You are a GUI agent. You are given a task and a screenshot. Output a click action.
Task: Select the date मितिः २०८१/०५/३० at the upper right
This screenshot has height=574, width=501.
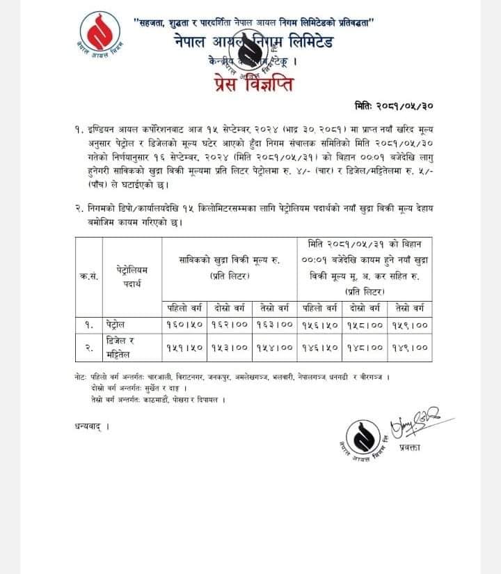pyautogui.click(x=395, y=106)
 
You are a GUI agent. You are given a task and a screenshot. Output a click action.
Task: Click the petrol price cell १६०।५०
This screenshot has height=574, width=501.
pyautogui.click(x=184, y=325)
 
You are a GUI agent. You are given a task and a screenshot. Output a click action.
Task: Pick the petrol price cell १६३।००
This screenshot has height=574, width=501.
pyautogui.click(x=276, y=325)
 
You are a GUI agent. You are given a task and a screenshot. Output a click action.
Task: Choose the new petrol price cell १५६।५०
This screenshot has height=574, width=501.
pyautogui.click(x=320, y=325)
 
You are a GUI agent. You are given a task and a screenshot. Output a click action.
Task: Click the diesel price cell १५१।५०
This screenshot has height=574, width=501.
pyautogui.click(x=184, y=347)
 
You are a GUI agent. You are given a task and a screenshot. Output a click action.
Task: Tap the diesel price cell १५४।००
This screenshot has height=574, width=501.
pyautogui.click(x=276, y=347)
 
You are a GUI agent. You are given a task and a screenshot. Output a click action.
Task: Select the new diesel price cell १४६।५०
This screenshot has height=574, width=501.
pyautogui.click(x=320, y=347)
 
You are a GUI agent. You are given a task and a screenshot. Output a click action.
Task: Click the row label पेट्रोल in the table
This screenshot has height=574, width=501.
pyautogui.click(x=118, y=325)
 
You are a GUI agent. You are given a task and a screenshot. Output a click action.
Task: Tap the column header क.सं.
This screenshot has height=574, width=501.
pyautogui.click(x=88, y=275)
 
